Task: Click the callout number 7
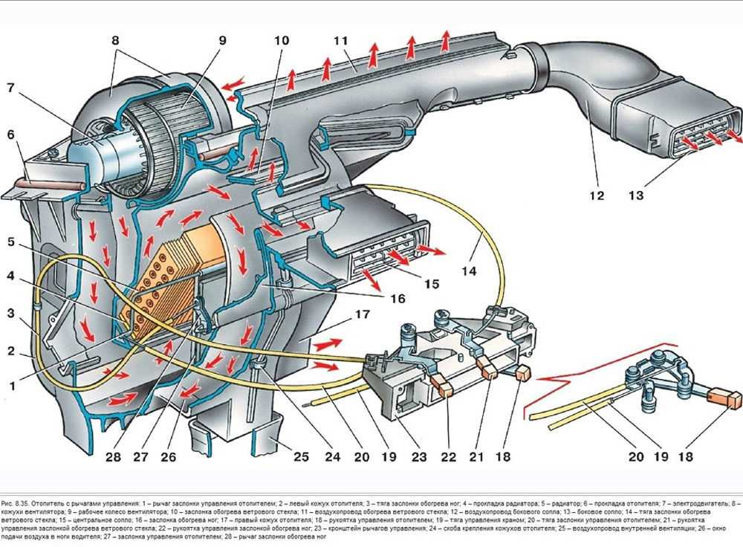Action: click(10, 88)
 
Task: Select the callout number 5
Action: click(10, 242)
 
